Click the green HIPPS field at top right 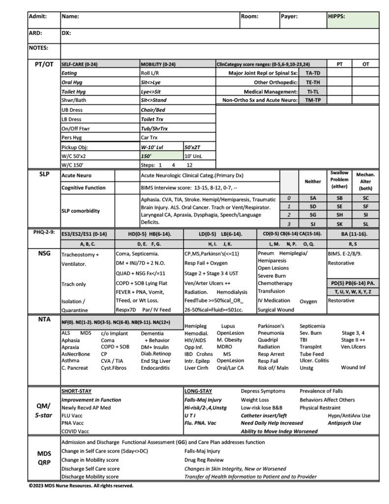[x=353, y=20]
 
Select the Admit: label [x=38, y=16]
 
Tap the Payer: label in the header [x=289, y=16]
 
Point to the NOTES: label [x=39, y=48]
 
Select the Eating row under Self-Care [x=69, y=73]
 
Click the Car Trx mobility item [x=149, y=138]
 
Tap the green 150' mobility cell [x=161, y=156]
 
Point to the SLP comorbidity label [x=80, y=211]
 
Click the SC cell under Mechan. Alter [x=365, y=198]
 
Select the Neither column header [x=313, y=181]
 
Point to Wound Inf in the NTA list [x=353, y=367]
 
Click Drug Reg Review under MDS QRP [x=204, y=460]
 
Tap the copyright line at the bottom [x=81, y=486]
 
